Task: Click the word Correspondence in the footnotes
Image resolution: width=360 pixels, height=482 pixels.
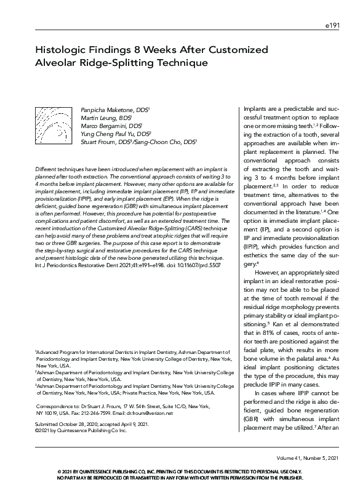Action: coord(57,407)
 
